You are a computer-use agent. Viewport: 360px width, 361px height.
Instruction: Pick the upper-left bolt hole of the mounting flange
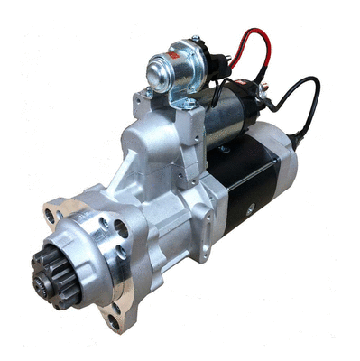50,215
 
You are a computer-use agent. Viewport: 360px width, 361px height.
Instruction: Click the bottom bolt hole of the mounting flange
114,318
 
